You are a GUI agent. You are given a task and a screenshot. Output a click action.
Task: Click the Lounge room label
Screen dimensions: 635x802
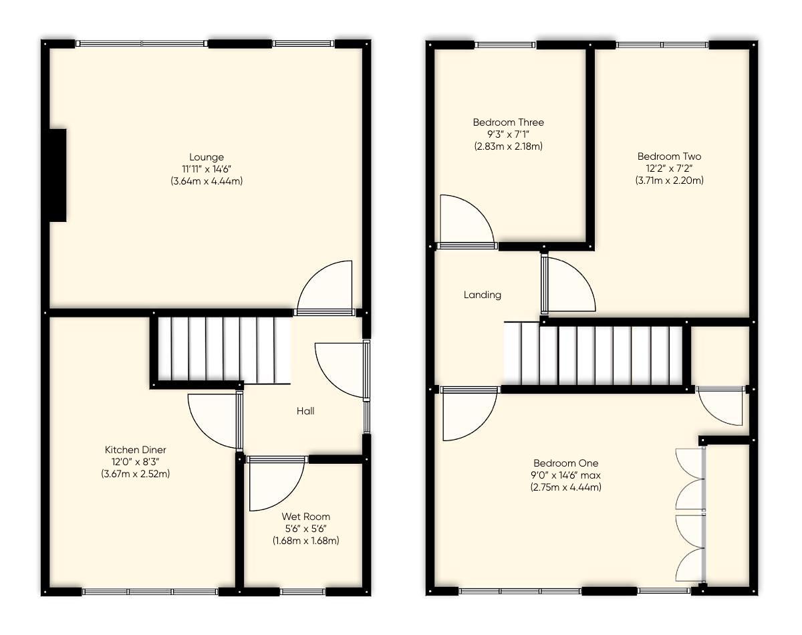[206, 157]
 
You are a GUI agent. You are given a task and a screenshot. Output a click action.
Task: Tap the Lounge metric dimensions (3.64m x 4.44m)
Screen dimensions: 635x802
[206, 181]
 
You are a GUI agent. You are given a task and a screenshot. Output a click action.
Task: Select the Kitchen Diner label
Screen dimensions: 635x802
[136, 450]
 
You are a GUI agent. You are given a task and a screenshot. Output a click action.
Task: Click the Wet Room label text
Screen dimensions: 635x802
[305, 517]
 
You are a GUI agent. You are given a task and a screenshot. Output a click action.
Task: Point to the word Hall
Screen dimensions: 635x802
[305, 411]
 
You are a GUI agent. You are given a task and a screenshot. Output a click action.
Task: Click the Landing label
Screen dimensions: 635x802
[483, 295]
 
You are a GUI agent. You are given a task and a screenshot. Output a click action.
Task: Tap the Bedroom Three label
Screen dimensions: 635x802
[508, 122]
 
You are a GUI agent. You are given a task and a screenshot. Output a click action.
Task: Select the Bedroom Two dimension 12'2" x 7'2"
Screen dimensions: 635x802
[669, 168]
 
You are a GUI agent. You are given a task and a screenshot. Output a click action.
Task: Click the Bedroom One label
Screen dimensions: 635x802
[565, 463]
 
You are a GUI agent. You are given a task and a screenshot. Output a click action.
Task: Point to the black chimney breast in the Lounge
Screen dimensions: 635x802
[56, 175]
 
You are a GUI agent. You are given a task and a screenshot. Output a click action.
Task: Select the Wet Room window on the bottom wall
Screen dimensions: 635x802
[302, 592]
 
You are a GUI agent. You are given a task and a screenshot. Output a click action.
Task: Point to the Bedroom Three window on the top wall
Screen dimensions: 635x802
[506, 45]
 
